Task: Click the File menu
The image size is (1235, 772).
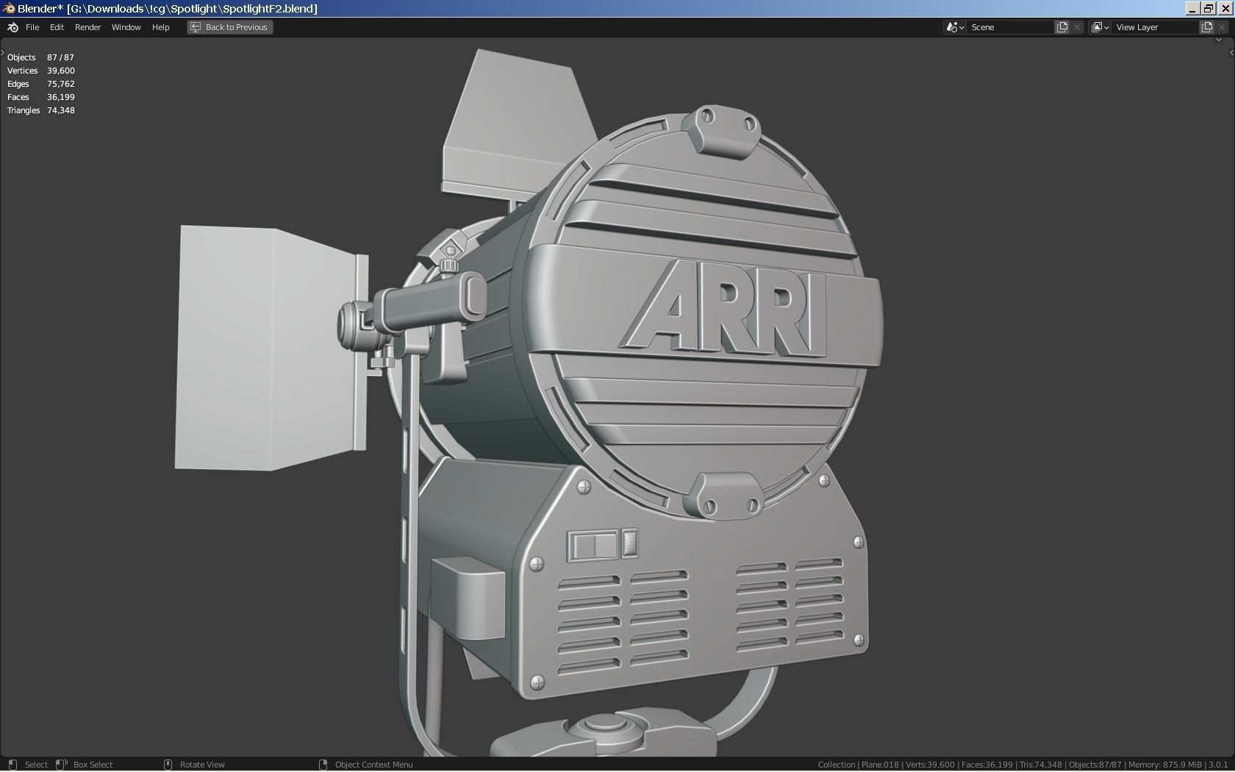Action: click(x=32, y=27)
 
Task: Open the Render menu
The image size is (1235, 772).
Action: click(x=87, y=27)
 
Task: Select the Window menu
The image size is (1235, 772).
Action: click(x=126, y=27)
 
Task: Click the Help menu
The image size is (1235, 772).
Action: click(x=160, y=27)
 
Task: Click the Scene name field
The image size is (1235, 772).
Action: click(x=1010, y=27)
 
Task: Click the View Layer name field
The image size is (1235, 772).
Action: click(x=1154, y=27)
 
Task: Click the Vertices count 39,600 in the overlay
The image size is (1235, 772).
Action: click(x=61, y=71)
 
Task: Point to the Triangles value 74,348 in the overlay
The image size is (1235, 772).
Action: click(x=61, y=110)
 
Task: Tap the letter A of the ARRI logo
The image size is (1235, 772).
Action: click(x=662, y=307)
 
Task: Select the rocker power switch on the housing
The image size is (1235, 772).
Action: click(x=594, y=546)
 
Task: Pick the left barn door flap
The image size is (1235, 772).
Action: click(x=271, y=349)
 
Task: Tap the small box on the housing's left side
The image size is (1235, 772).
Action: click(x=469, y=597)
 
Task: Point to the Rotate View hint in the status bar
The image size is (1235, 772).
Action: click(x=201, y=765)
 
